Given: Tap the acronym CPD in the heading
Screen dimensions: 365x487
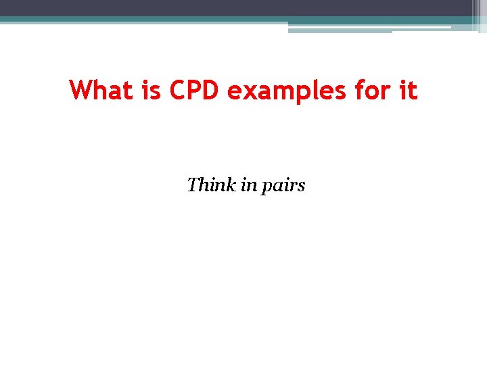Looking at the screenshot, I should click(x=195, y=90).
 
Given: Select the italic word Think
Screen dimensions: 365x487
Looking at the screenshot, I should click(x=210, y=184).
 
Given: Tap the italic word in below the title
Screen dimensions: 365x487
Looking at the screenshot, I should click(x=246, y=184).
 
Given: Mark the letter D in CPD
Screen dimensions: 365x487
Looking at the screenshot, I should click(x=212, y=90).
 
